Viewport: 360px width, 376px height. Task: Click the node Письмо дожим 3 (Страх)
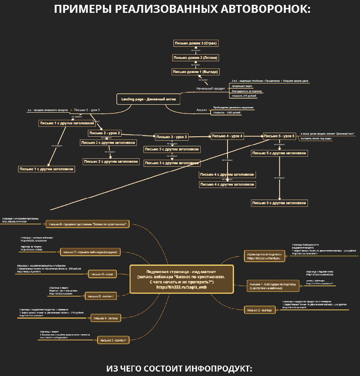coord(196,43)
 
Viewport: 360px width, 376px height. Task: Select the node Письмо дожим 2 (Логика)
coord(195,58)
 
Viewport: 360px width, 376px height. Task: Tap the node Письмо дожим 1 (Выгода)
coord(195,72)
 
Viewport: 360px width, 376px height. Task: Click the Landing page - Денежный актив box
coord(148,99)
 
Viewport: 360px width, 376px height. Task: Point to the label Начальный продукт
coord(211,88)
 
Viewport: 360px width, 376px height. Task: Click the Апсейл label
coord(201,110)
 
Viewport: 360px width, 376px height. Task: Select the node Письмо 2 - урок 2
coord(105,133)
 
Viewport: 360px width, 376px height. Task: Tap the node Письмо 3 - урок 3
coord(171,137)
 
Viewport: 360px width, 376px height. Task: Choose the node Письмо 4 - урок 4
coord(227,136)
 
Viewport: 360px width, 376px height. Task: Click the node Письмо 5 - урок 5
coord(279,136)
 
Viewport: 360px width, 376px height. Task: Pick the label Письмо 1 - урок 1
coord(87,110)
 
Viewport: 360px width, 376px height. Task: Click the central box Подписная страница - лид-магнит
coord(182,279)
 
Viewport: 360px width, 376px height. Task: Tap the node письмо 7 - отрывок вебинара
coord(90,252)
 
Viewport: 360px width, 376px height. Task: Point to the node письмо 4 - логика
coord(106,318)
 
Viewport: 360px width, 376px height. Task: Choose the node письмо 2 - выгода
coord(261,310)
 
